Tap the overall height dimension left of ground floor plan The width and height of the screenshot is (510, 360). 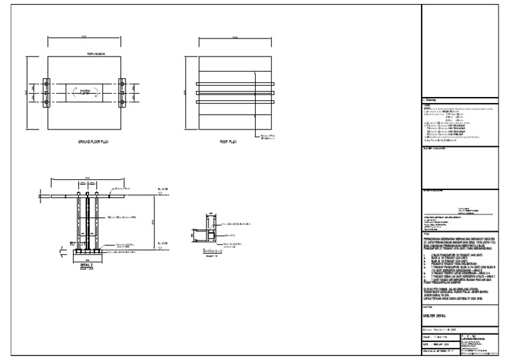tap(28, 92)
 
